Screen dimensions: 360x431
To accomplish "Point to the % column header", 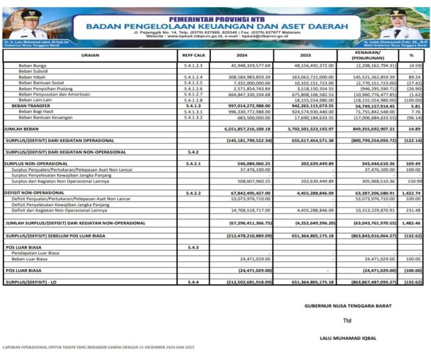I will point(412,56).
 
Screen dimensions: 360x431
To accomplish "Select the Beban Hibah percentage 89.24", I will point(415,77).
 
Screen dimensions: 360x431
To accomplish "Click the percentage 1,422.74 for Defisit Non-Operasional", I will point(413,193).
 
